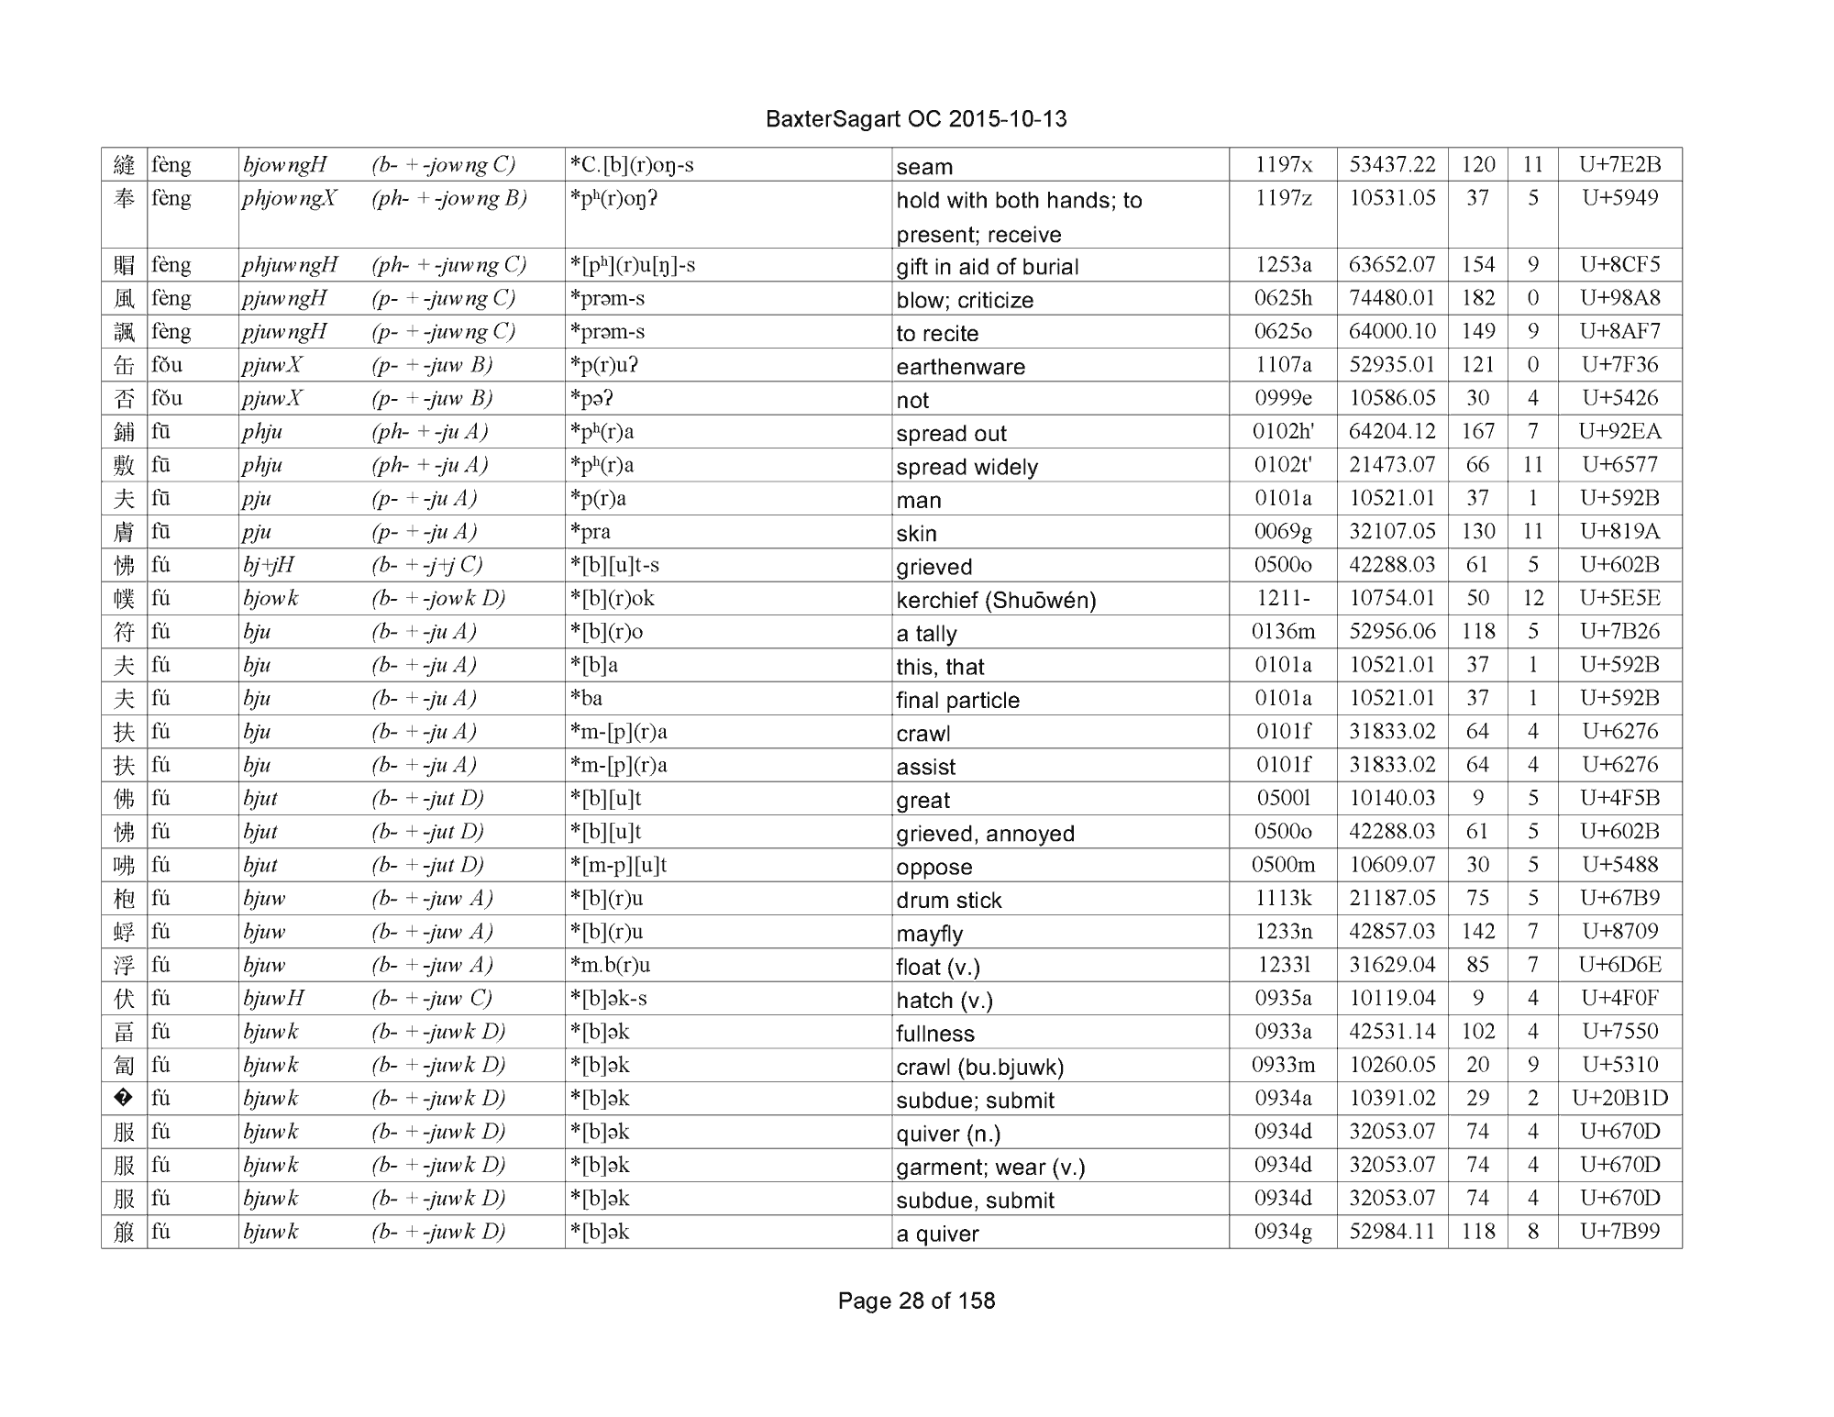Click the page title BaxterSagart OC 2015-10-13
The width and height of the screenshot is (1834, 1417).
tap(916, 119)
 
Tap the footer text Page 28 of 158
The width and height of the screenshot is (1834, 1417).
tap(916, 1301)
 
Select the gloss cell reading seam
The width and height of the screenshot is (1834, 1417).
tap(924, 167)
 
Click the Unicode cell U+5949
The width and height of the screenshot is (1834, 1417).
tap(1619, 198)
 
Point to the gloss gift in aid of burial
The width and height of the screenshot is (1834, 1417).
tap(987, 267)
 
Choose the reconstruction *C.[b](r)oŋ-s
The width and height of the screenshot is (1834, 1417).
tap(632, 165)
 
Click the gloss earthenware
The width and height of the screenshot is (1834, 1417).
tap(960, 367)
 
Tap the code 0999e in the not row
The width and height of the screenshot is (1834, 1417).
tap(1282, 398)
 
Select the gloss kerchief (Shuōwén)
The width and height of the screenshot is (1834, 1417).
tap(996, 600)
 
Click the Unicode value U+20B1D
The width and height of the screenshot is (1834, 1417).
tap(1619, 1098)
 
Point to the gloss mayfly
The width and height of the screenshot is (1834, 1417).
tap(930, 934)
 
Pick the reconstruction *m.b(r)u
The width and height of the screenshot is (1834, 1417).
tap(610, 965)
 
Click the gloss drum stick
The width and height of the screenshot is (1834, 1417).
tap(948, 900)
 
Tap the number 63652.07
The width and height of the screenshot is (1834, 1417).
tap(1391, 265)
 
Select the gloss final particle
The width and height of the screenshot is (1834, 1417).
tap(957, 700)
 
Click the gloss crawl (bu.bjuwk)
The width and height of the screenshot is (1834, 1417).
tap(979, 1067)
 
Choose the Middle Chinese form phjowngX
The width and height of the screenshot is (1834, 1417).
tap(290, 199)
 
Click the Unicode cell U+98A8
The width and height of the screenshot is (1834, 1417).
tap(1619, 298)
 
